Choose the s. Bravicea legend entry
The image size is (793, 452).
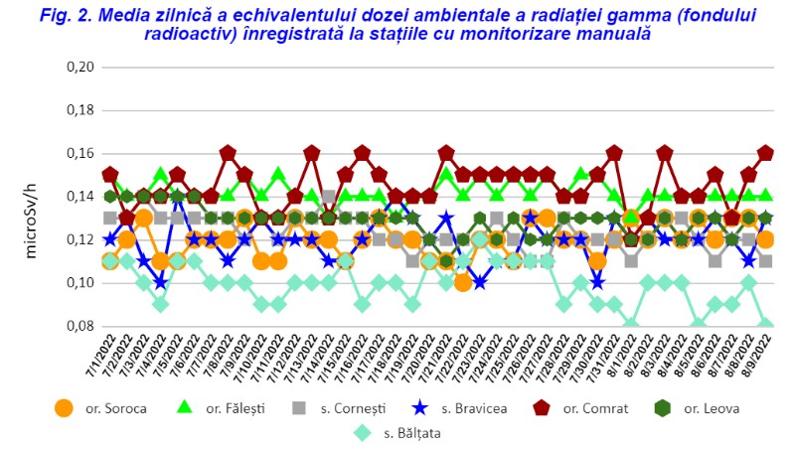[x=449, y=407]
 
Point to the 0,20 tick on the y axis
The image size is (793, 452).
[x=79, y=68]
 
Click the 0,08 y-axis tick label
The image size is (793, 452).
[x=79, y=326]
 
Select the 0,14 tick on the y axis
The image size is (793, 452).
[x=79, y=197]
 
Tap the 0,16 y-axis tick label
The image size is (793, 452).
[x=79, y=154]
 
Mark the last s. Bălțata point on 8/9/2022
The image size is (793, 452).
[x=765, y=325]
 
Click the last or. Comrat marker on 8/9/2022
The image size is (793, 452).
[x=765, y=154]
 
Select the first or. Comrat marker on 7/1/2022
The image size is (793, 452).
[x=110, y=176]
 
